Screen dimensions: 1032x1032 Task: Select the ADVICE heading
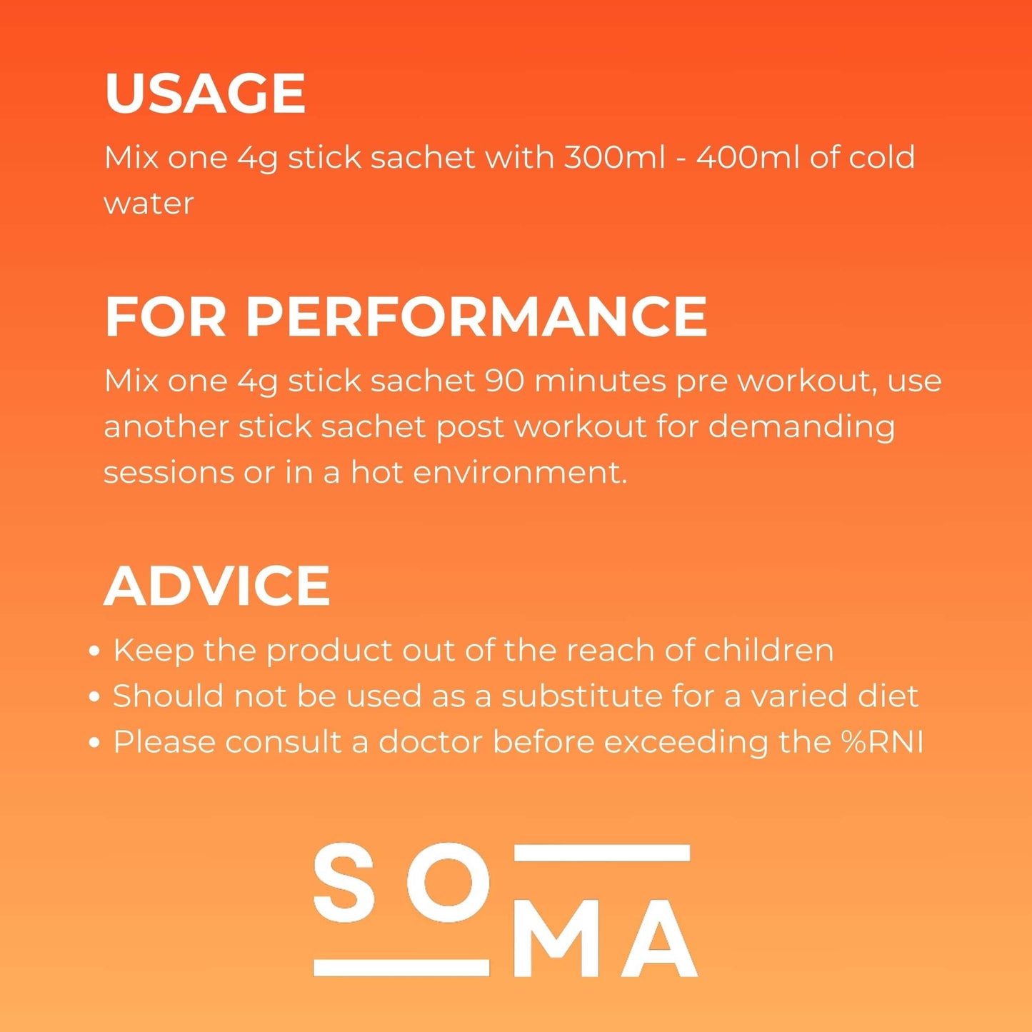pos(216,586)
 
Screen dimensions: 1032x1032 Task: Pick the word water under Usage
pos(149,204)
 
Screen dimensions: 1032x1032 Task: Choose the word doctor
pos(430,742)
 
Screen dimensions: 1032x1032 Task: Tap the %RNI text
pos(882,742)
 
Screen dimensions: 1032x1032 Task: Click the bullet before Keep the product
pos(95,651)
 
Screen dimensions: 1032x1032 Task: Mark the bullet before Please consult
pos(95,743)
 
